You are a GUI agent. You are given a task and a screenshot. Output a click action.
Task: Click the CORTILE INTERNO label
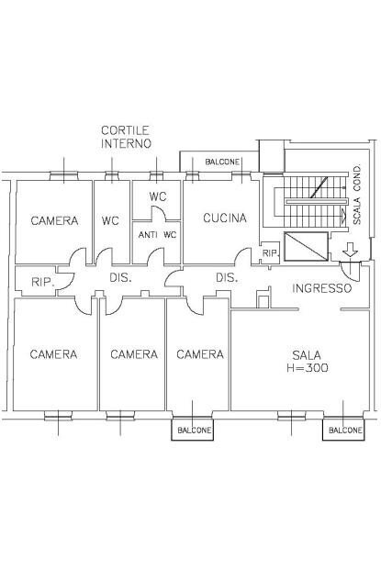click(x=126, y=138)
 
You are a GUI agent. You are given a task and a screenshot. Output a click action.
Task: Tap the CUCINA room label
click(x=225, y=218)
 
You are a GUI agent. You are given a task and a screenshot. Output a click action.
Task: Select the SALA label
click(x=307, y=354)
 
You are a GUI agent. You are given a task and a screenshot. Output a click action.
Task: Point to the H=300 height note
click(x=307, y=368)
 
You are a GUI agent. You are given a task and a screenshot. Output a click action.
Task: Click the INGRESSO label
click(x=321, y=288)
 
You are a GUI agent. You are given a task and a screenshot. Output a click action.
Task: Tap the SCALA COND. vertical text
click(x=357, y=195)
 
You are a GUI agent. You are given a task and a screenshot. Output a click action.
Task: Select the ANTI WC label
click(x=157, y=235)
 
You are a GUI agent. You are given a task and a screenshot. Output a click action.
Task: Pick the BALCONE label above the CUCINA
click(x=222, y=162)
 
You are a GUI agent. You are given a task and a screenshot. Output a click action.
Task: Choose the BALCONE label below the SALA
click(x=345, y=430)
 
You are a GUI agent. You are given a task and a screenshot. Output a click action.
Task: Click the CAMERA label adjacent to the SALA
click(x=200, y=354)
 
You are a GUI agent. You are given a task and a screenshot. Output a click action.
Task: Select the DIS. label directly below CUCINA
click(x=227, y=277)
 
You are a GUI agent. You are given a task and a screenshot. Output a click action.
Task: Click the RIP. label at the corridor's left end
click(x=41, y=283)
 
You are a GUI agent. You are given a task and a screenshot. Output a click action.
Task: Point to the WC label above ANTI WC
click(x=158, y=197)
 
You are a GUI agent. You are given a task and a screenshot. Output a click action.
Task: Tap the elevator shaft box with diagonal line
click(x=307, y=248)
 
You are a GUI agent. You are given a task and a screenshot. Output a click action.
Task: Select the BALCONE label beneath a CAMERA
click(x=194, y=430)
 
